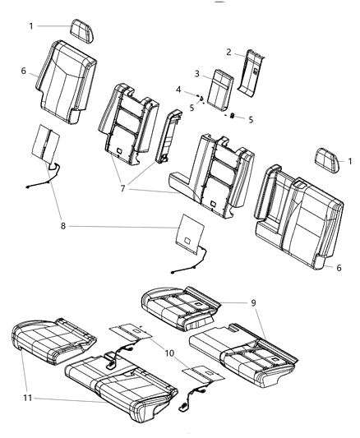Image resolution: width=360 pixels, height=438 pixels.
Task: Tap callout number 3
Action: [197, 74]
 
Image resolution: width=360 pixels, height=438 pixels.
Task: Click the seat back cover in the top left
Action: [67, 81]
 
